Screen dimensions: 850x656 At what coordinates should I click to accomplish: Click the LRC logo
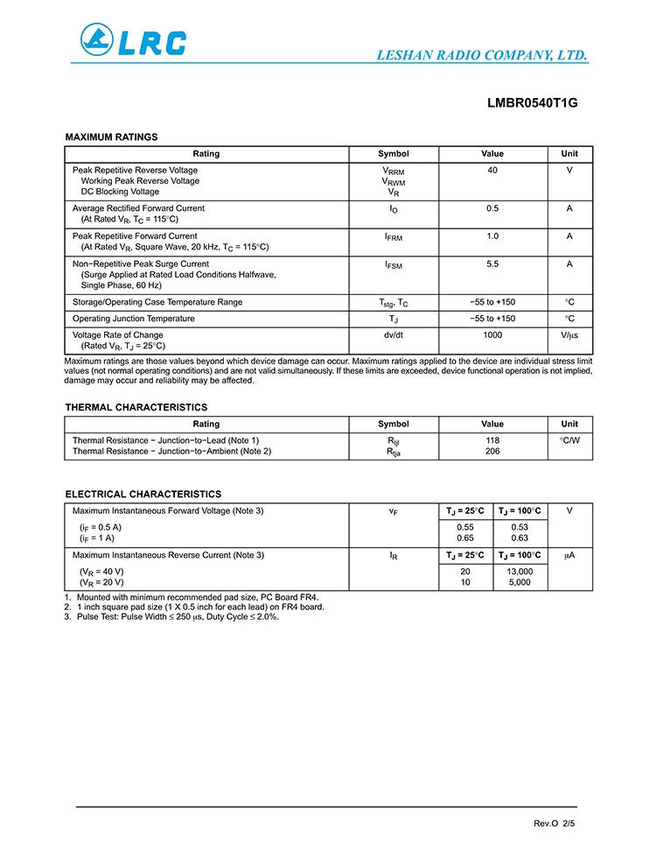(x=134, y=40)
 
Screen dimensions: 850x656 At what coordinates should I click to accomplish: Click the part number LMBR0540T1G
(x=532, y=103)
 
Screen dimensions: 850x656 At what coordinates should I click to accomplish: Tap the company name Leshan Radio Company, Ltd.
(x=481, y=55)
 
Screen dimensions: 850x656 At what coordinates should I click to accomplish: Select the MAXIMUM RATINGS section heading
(x=111, y=137)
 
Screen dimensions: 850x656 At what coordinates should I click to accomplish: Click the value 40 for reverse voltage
(x=492, y=170)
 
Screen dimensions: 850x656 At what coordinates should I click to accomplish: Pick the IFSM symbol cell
(x=393, y=264)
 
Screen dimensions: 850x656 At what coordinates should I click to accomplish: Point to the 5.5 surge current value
(x=492, y=263)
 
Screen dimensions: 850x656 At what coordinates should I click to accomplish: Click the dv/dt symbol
(x=393, y=335)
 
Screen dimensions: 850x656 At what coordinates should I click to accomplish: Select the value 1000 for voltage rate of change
(x=492, y=335)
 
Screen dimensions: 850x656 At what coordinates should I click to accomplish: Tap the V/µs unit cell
(x=569, y=335)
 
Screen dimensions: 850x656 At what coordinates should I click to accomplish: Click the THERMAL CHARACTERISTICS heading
(x=136, y=407)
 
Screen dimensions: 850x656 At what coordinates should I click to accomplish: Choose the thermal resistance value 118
(x=492, y=440)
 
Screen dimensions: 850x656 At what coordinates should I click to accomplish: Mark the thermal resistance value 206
(x=492, y=452)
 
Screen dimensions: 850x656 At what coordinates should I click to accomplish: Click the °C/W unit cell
(x=569, y=440)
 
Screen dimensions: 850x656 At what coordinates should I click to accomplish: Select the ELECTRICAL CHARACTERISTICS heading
(x=143, y=495)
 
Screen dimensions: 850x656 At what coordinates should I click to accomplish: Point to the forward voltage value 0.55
(x=465, y=527)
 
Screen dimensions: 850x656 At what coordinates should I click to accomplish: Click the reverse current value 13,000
(x=520, y=572)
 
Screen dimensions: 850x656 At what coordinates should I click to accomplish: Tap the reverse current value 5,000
(x=520, y=582)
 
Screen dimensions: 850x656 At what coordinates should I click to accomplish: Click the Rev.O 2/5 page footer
(x=555, y=824)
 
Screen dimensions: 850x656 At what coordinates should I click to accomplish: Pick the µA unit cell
(x=569, y=555)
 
